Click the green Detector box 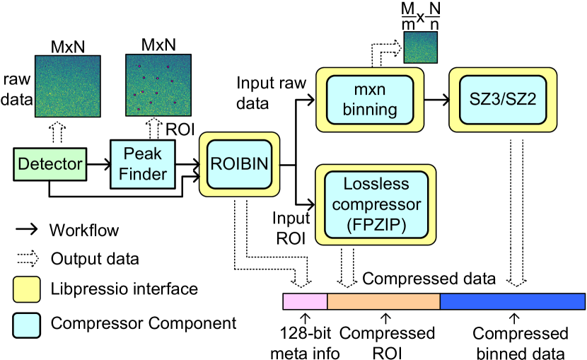[x=50, y=164]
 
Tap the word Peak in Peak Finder [x=143, y=153]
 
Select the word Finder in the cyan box [x=143, y=174]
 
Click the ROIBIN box [x=240, y=164]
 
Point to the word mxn [x=369, y=90]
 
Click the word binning [x=369, y=110]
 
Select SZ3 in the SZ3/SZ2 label [x=484, y=100]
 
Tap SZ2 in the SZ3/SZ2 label [x=521, y=100]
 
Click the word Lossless [x=376, y=184]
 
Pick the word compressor [x=376, y=205]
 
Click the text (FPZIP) [x=376, y=226]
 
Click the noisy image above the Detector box [x=68, y=86]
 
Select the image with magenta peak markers [x=158, y=85]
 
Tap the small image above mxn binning [x=421, y=47]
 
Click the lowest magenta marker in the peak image [x=139, y=109]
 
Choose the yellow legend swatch [x=27, y=289]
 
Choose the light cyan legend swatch [x=27, y=325]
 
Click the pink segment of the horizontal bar [x=306, y=302]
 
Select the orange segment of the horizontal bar [x=384, y=302]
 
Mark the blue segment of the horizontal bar [x=513, y=302]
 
